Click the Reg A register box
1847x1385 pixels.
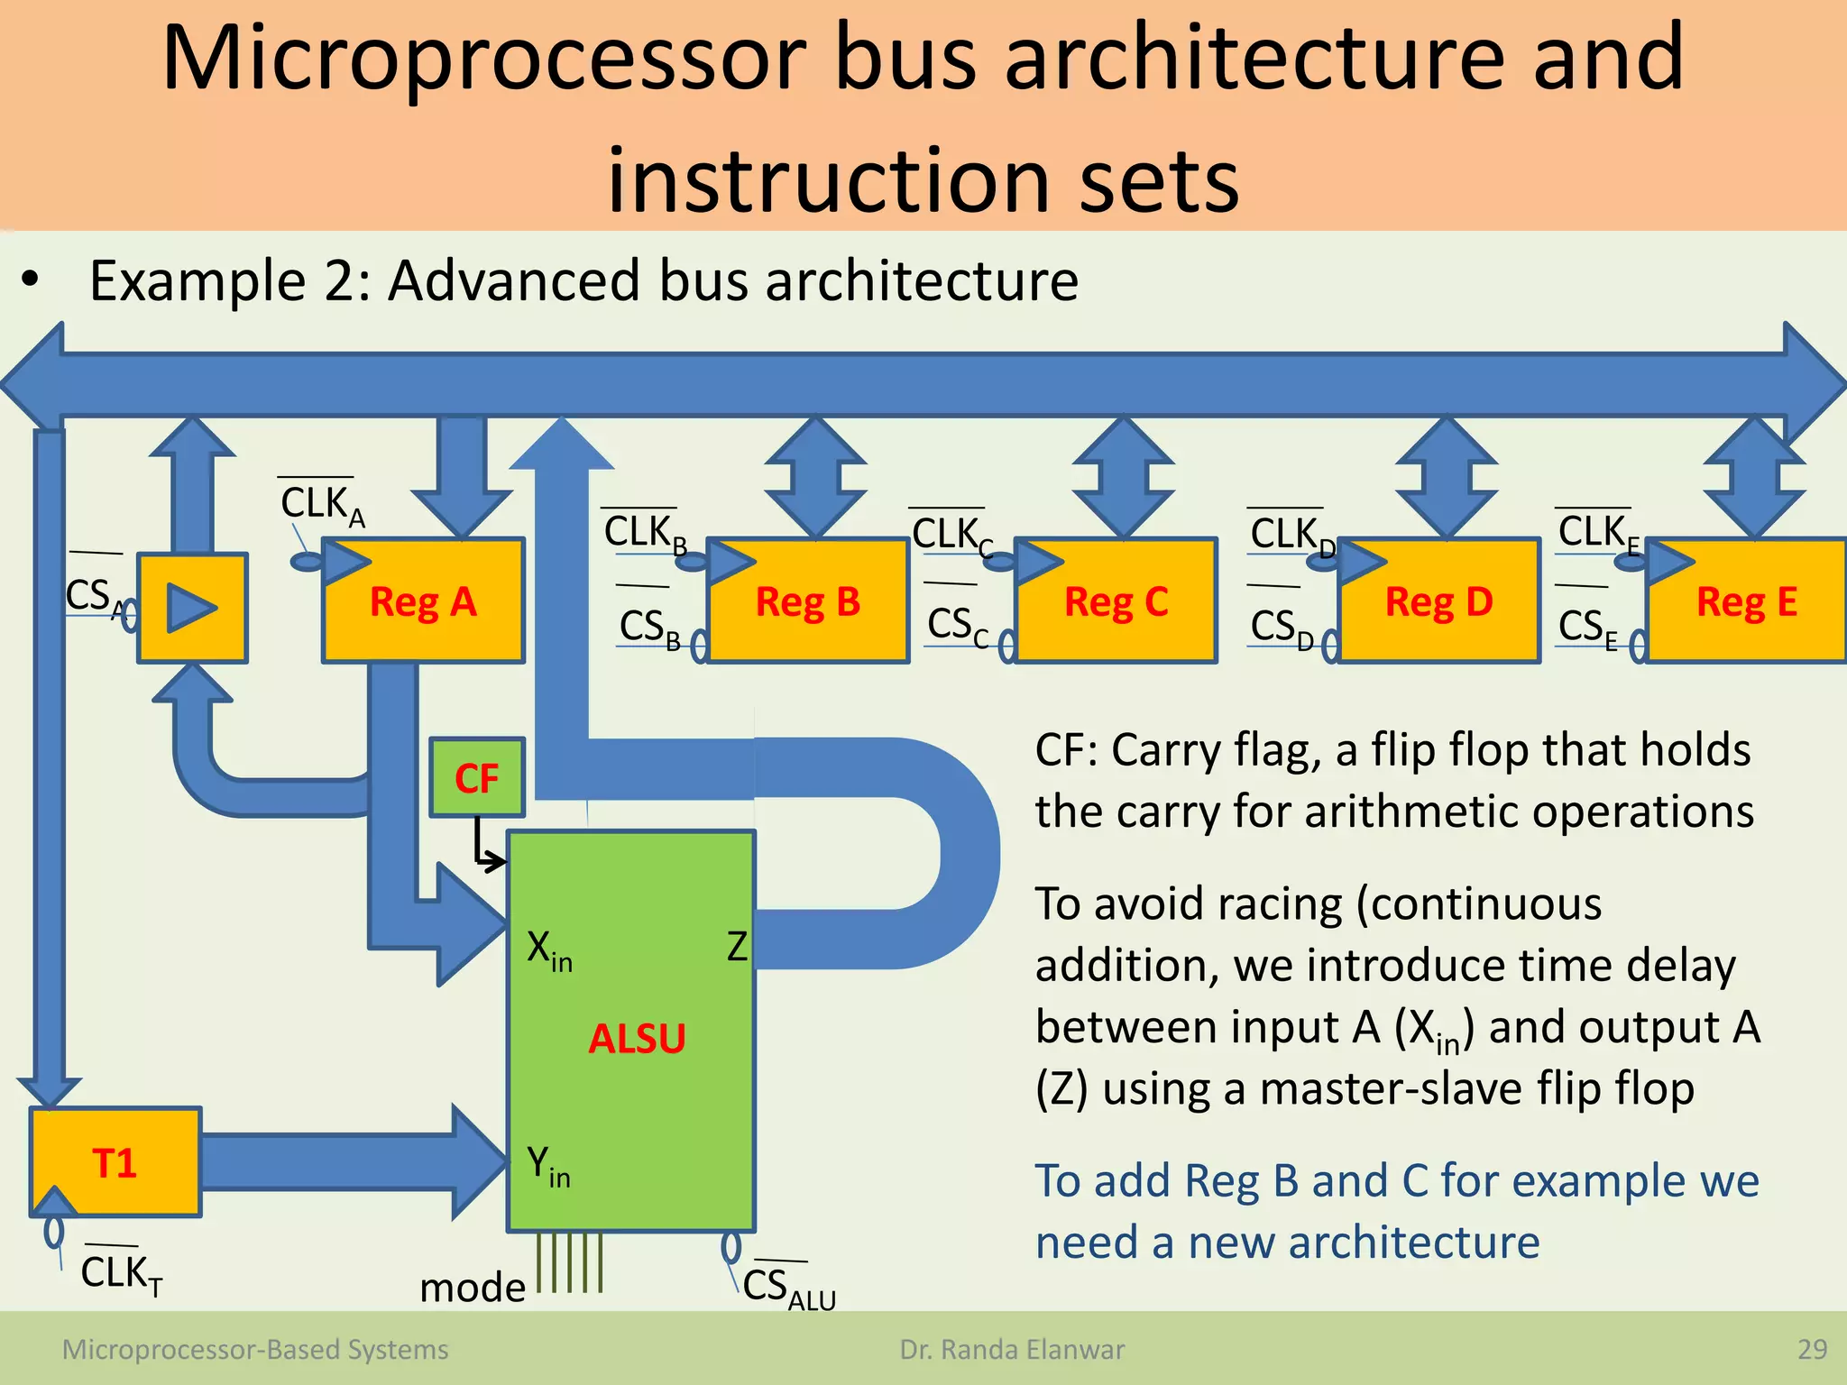423,601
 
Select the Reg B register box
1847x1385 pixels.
807,601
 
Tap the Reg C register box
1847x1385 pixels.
1116,601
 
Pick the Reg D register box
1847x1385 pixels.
1438,601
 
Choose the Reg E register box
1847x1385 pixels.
1746,601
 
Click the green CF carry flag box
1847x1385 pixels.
476,777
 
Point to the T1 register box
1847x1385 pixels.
115,1162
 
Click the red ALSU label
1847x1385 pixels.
637,1039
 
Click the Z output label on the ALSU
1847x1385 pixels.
737,947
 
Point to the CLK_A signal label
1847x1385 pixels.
321,504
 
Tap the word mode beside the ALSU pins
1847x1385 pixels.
472,1287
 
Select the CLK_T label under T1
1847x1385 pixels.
121,1273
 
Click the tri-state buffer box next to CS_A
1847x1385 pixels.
192,608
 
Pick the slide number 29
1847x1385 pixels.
1812,1349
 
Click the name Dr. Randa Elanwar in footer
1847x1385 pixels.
1012,1349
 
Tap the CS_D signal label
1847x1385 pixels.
1281,626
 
